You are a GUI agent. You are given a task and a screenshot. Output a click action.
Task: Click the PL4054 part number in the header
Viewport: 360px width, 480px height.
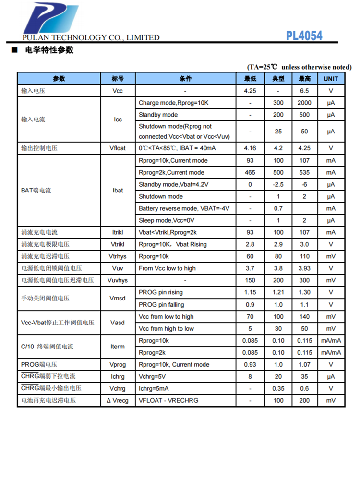click(304, 36)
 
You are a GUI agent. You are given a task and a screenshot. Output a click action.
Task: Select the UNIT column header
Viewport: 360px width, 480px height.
click(331, 79)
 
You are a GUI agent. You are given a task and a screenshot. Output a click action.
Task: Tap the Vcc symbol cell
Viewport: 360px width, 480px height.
click(118, 91)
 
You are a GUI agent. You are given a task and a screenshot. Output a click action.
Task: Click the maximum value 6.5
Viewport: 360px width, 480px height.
click(304, 91)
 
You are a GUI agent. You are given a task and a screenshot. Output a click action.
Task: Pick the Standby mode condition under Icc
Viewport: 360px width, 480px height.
click(158, 115)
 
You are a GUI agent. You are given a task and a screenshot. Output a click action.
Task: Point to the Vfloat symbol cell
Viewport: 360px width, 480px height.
click(118, 148)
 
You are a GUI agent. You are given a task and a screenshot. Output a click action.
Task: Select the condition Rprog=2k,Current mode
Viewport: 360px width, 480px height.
click(171, 172)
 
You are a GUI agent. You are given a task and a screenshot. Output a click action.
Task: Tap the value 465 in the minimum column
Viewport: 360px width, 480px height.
click(250, 172)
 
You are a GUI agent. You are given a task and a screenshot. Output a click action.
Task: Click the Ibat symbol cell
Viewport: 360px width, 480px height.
click(118, 191)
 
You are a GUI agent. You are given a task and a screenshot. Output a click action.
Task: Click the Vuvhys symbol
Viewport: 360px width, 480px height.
click(118, 280)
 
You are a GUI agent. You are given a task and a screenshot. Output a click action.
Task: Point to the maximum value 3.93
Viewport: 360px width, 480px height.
click(304, 268)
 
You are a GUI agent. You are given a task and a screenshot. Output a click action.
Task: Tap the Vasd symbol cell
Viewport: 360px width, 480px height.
click(118, 323)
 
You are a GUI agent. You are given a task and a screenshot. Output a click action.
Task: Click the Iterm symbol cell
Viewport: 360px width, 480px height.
click(118, 347)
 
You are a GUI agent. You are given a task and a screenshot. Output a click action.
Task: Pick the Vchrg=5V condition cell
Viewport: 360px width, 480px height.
click(153, 376)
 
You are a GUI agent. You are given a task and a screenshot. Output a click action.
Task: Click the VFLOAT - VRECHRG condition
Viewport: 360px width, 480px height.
click(168, 400)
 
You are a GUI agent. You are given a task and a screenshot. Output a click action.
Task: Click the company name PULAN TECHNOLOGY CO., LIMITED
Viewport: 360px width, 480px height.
click(91, 37)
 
